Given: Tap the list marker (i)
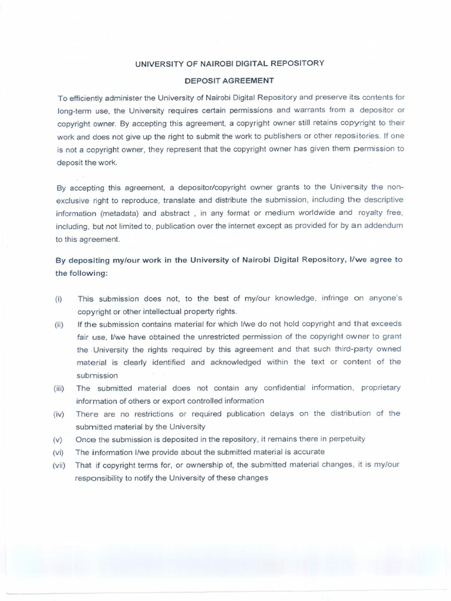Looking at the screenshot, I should [x=59, y=299].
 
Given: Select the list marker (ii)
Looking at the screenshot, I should [x=59, y=325].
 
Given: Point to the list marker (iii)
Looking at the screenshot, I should [x=60, y=389].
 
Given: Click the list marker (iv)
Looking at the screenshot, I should [x=60, y=414].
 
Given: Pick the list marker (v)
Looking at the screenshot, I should [x=58, y=440].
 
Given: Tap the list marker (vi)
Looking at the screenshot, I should [x=59, y=452].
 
